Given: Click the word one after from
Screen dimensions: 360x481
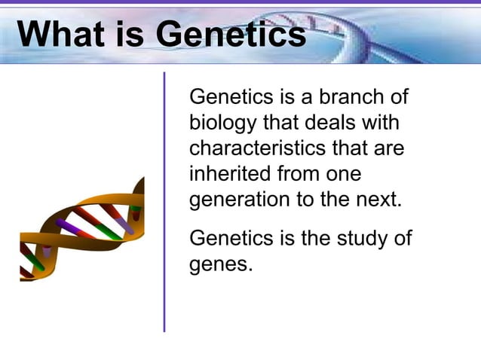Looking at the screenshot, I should [341, 175].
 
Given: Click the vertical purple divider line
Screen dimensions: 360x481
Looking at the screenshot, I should [164, 203].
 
